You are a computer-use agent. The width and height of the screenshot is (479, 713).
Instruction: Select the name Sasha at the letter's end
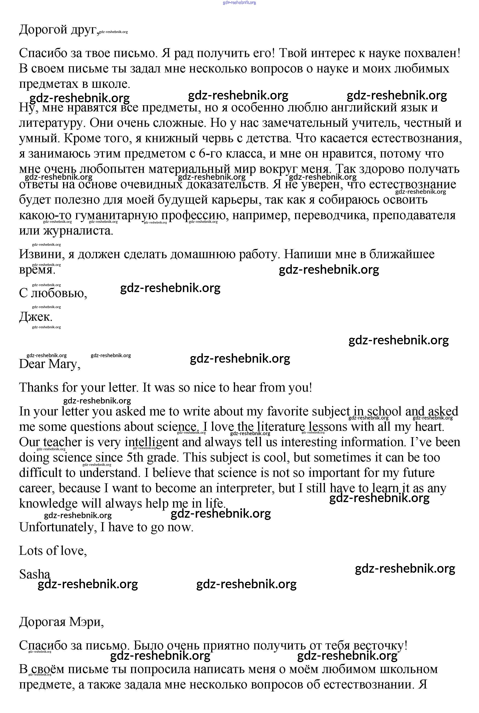point(35,574)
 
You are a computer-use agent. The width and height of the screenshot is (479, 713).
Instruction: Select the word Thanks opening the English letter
point(39,387)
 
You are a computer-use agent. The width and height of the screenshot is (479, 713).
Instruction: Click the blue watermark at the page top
point(239,3)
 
